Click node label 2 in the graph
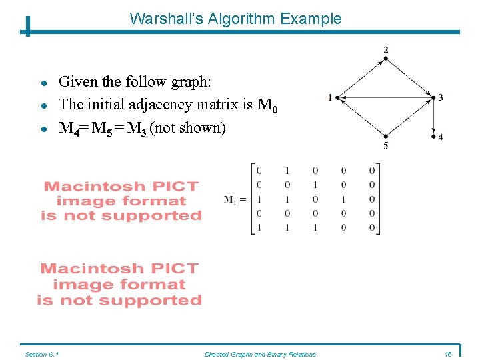click(386, 50)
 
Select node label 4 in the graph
click(441, 137)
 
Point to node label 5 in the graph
click(386, 146)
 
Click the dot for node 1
click(338, 98)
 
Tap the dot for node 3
click(433, 98)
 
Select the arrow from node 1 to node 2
click(362, 78)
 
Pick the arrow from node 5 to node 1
click(362, 118)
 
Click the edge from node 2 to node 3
click(409, 78)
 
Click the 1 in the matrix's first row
click(287, 170)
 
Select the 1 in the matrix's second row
click(315, 185)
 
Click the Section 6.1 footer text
click(41, 354)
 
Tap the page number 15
click(447, 354)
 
